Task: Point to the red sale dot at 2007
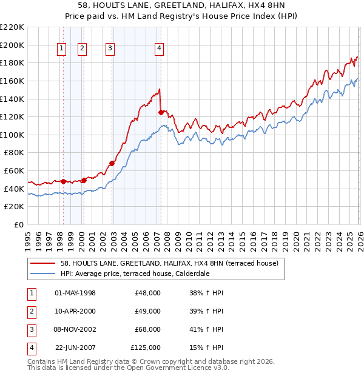pos(161,112)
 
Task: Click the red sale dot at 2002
pos(112,163)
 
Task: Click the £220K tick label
pos(12,27)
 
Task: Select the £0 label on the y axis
pos(18,224)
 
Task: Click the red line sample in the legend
pos(43,263)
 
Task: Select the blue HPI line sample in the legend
pos(43,274)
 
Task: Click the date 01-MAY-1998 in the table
pos(75,293)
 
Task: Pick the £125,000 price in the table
pos(146,347)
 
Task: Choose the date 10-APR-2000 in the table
pos(75,311)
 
